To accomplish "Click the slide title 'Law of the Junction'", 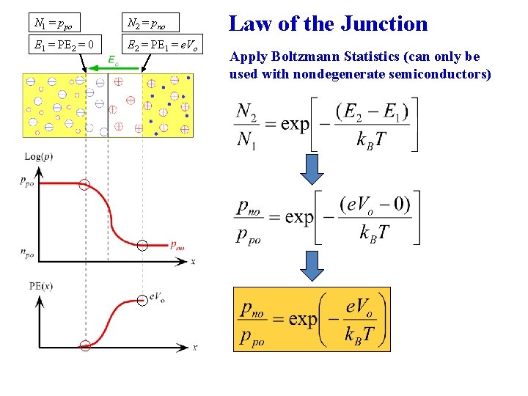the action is [x=328, y=23].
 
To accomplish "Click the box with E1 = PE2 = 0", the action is [x=65, y=45].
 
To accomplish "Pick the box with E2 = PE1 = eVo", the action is [x=162, y=45].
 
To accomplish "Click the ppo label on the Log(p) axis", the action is [x=28, y=180].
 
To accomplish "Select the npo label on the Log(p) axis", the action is [x=28, y=253].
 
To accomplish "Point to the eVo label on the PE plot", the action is [x=156, y=297].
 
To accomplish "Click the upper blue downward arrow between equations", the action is [x=314, y=169].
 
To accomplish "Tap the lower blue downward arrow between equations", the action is [x=314, y=266].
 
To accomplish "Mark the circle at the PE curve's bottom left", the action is [x=85, y=345].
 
